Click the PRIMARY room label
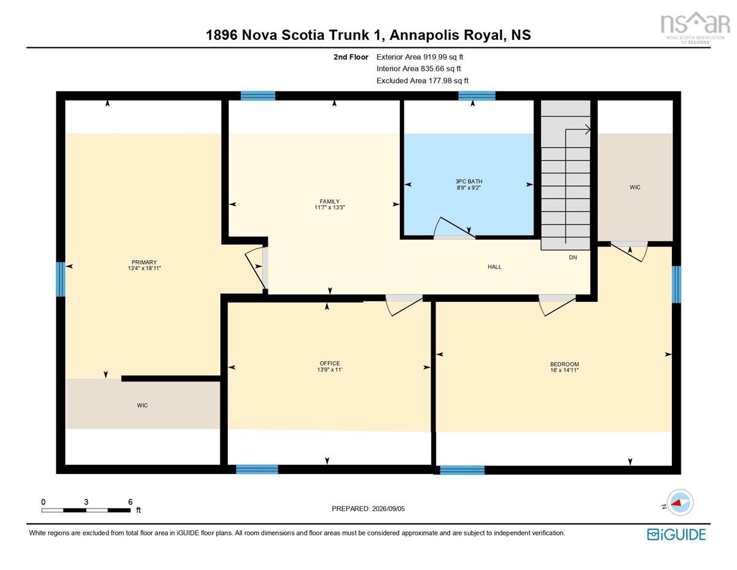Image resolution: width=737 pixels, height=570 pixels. coord(144,262)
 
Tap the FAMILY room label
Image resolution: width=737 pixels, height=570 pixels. coord(329,201)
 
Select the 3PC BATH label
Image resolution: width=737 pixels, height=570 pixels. coord(469,181)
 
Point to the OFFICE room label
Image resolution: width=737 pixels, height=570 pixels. coord(329,363)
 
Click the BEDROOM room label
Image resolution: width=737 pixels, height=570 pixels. coord(564,364)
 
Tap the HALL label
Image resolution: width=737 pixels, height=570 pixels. coord(494,267)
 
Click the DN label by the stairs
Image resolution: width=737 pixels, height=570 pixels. coord(573,258)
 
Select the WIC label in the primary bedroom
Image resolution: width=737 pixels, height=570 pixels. coord(142,405)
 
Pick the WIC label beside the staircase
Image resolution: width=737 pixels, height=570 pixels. coord(635,187)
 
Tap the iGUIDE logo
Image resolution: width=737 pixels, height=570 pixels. coord(676,534)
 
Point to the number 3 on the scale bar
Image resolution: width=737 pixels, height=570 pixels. coord(86,502)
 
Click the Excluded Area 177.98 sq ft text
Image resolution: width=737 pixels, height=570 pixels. coord(423,81)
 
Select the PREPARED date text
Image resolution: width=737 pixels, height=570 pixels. coord(368,509)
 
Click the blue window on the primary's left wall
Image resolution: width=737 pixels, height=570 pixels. coord(60,279)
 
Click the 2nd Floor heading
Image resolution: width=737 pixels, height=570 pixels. coord(351,57)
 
